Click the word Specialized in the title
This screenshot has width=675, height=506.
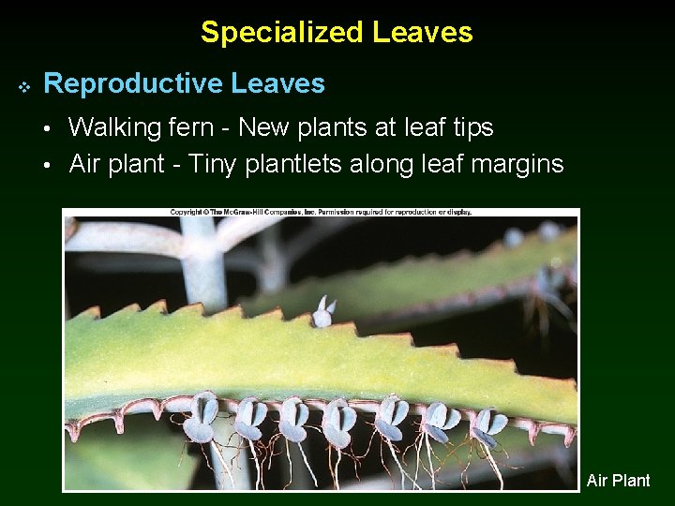pos(281,33)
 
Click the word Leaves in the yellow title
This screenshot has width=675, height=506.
pos(423,33)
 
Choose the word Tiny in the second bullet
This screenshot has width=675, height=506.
pos(213,165)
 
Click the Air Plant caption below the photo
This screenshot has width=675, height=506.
pos(618,481)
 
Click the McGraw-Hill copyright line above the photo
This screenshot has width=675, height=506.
pos(321,213)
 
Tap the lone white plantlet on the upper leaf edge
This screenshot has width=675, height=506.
pos(323,312)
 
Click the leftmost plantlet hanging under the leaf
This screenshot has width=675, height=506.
pos(201,419)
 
